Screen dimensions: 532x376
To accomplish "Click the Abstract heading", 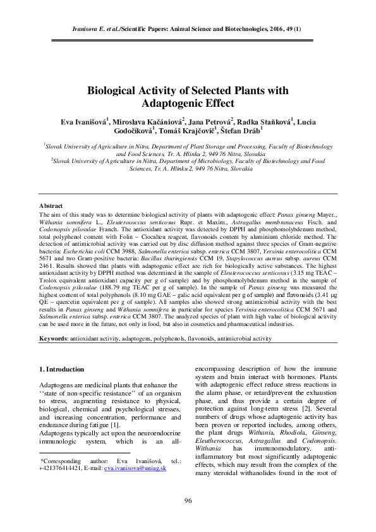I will [x=51, y=206].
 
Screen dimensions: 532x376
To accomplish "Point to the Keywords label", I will [x=56, y=338].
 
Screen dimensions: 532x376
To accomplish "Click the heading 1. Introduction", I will [x=62, y=369].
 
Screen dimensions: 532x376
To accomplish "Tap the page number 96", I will [x=188, y=500].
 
